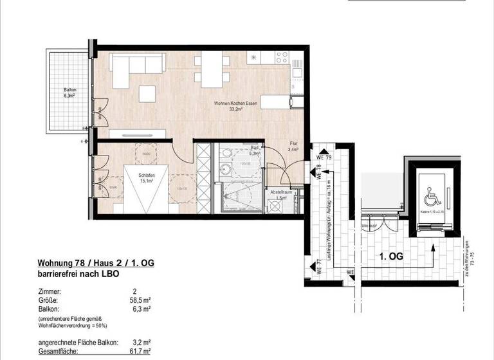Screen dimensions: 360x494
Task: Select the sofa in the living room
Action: [136, 64]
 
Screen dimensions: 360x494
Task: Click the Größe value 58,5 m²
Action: [141, 300]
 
